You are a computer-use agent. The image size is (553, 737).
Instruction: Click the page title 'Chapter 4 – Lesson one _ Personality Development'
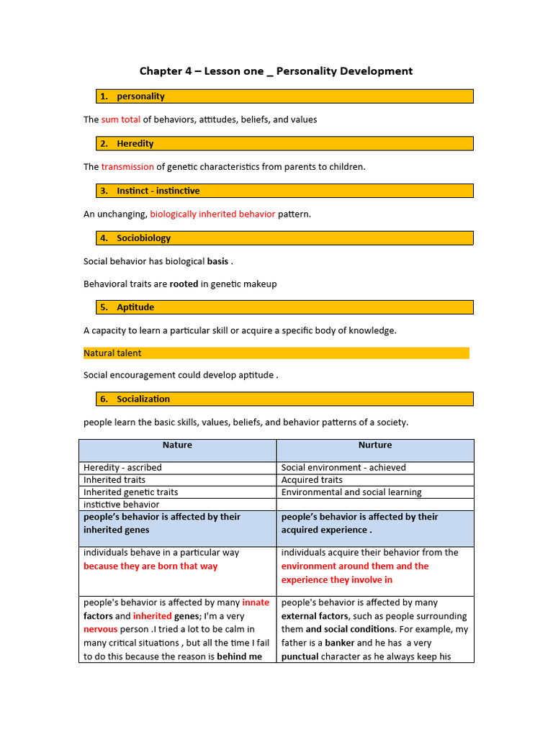pyautogui.click(x=276, y=71)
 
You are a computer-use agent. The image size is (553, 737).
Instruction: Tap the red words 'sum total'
pyautogui.click(x=120, y=119)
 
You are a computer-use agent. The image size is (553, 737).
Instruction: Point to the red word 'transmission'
pyautogui.click(x=127, y=167)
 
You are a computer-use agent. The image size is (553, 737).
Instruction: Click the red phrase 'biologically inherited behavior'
pyautogui.click(x=212, y=214)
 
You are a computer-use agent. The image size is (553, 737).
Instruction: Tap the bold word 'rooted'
pyautogui.click(x=184, y=284)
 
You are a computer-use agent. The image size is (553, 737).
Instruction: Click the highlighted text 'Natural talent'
pyautogui.click(x=112, y=353)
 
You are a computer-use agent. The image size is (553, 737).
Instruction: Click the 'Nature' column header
pyautogui.click(x=177, y=446)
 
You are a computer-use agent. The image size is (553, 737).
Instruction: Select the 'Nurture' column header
pyautogui.click(x=375, y=446)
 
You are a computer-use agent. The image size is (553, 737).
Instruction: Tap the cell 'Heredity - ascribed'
pyautogui.click(x=122, y=468)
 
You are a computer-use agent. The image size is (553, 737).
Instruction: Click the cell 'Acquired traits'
pyautogui.click(x=312, y=480)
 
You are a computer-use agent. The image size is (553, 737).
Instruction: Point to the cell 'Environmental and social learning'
pyautogui.click(x=351, y=492)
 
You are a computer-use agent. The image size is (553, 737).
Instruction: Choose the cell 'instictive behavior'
pyautogui.click(x=121, y=505)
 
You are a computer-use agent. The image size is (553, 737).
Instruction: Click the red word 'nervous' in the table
pyautogui.click(x=100, y=630)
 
